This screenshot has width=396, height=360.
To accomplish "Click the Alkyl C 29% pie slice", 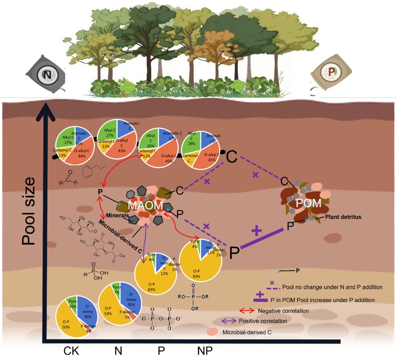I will (191, 142).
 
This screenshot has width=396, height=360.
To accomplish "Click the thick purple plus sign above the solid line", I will (256, 230).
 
